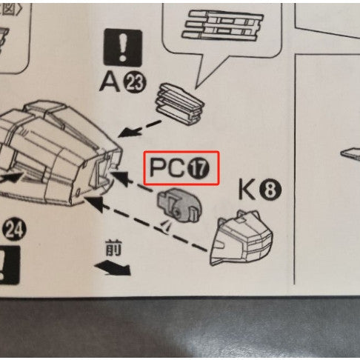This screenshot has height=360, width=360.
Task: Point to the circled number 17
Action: [x=199, y=170]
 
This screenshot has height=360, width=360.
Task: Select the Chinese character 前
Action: [x=113, y=250]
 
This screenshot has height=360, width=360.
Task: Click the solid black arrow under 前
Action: [x=116, y=269]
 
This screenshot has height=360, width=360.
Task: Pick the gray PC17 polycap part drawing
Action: [x=179, y=204]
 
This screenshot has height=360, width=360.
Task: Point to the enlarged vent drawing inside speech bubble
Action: [x=221, y=25]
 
